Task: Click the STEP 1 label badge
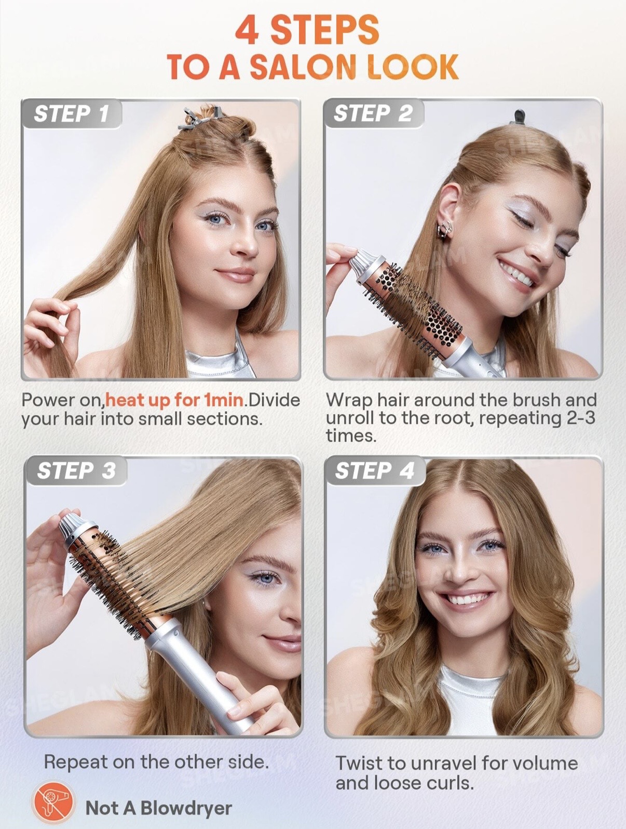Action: click(x=72, y=114)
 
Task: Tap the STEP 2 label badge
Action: click(x=373, y=114)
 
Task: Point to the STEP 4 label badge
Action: click(x=375, y=471)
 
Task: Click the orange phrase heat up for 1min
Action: click(x=174, y=401)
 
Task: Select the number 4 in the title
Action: click(x=248, y=30)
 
